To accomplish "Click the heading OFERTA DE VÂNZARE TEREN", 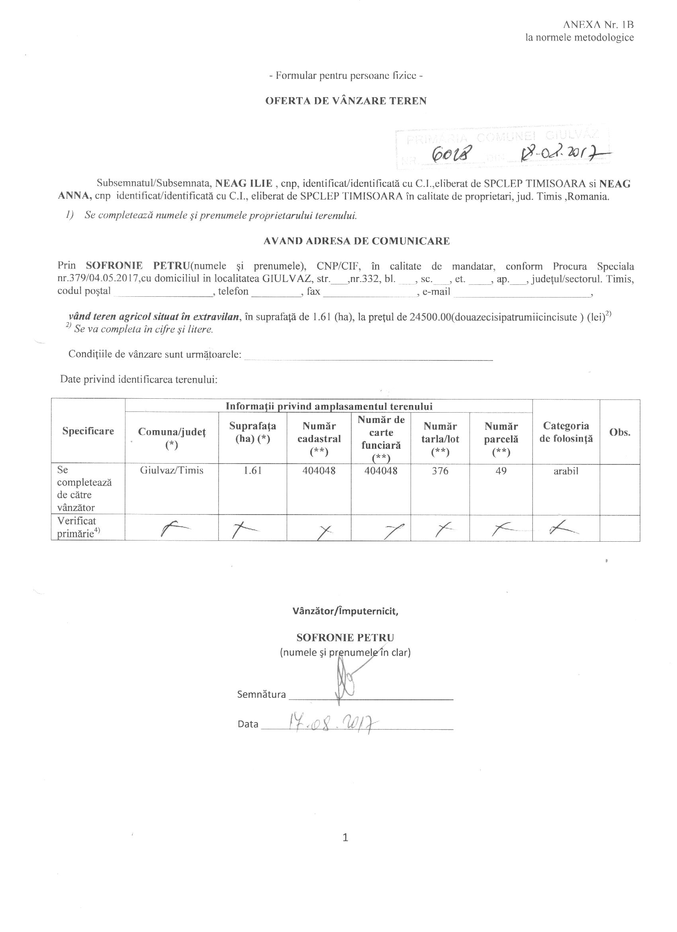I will point(346,101).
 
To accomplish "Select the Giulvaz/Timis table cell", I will point(171,470).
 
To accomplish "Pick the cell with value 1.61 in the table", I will point(252,470).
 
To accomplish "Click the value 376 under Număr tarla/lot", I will point(440,470).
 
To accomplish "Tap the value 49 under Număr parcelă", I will point(501,470).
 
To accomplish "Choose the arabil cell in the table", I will point(565,471).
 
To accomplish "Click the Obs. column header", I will point(620,432).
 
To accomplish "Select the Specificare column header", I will point(88,431).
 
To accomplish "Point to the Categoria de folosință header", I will point(565,432).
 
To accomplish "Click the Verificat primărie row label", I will point(78,527).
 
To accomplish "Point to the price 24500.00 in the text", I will point(430,317).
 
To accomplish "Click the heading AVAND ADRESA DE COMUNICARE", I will point(356,241).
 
